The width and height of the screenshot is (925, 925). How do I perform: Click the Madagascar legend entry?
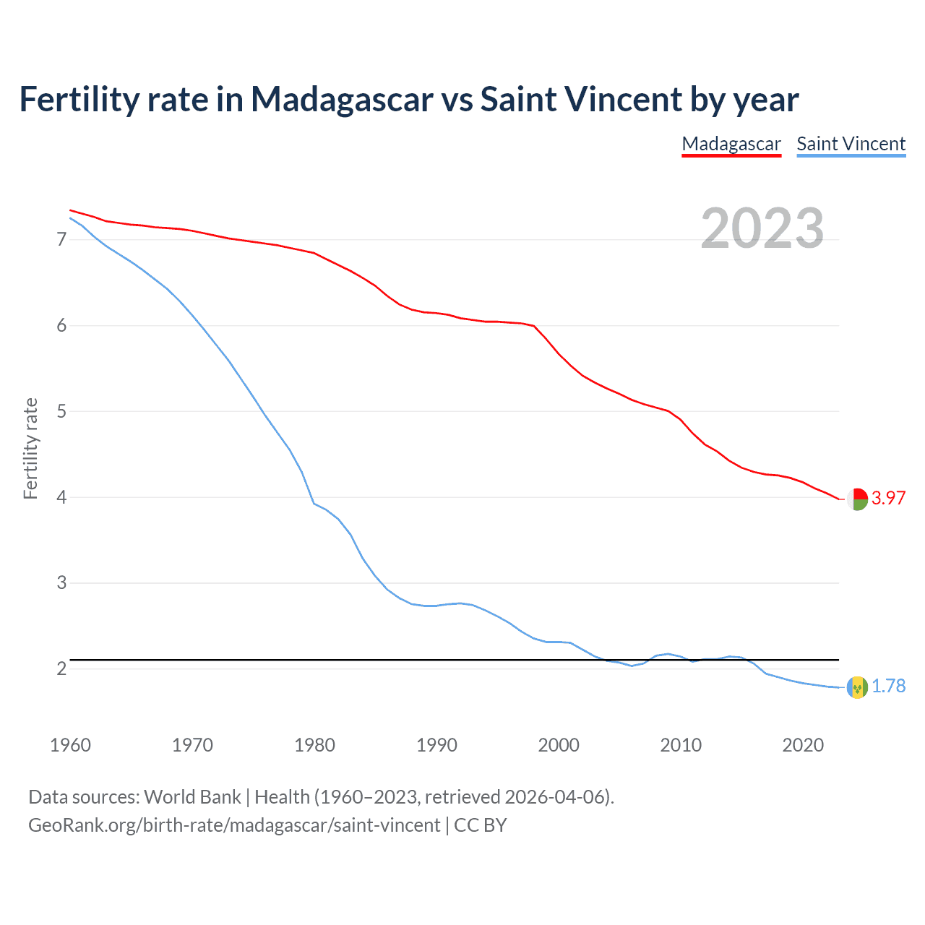(731, 144)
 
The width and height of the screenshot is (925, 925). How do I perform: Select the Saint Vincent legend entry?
(851, 144)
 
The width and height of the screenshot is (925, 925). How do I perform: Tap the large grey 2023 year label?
(762, 228)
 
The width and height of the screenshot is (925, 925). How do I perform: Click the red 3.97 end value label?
(888, 498)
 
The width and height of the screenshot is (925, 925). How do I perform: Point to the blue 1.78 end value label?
(888, 686)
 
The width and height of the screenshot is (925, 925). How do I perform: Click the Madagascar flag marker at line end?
(857, 499)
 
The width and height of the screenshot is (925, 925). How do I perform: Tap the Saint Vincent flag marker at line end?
(857, 687)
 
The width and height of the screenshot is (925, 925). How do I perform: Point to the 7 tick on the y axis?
(61, 239)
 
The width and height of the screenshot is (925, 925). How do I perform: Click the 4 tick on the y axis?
(61, 497)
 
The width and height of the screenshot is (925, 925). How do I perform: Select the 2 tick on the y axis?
(61, 668)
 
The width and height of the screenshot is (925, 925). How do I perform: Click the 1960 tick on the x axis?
(70, 745)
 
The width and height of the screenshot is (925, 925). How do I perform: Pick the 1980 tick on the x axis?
(314, 745)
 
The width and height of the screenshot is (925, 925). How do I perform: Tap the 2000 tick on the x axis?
(559, 745)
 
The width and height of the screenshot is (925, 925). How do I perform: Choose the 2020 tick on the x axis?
(803, 745)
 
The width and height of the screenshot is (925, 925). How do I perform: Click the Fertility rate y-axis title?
(30, 448)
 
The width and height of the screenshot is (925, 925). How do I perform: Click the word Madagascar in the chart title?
(342, 100)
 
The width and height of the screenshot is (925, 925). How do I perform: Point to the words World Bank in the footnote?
(192, 797)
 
